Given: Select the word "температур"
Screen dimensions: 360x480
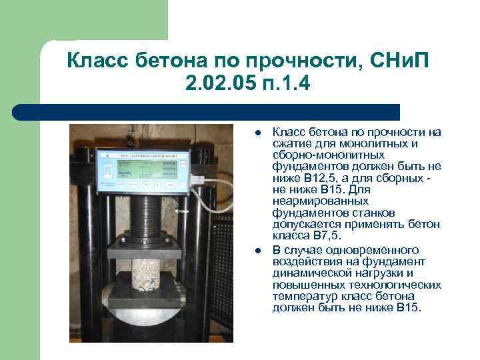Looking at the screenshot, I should (301, 295).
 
